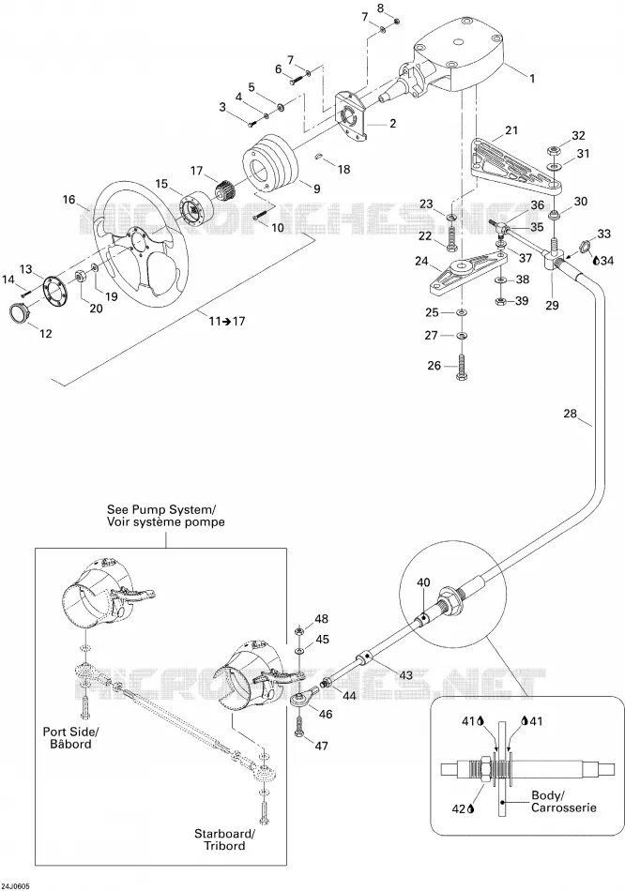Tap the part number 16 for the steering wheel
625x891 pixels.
69,200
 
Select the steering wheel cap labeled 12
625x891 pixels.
23,312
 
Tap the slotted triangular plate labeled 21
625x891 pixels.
516,162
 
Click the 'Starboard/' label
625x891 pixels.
225,834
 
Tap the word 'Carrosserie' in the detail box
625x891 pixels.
564,807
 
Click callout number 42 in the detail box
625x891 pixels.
458,808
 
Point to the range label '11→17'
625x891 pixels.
227,321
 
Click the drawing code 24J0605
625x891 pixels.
15,886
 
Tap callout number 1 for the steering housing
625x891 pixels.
532,80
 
